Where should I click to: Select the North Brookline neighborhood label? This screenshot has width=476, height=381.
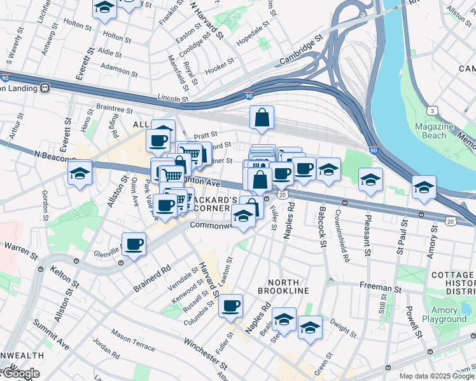283,286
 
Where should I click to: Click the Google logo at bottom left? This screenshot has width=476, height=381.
21,374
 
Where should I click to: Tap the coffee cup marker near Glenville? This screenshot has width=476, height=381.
134,244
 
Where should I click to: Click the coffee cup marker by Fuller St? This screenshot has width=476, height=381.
230,306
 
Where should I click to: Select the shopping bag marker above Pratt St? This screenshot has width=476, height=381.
262,117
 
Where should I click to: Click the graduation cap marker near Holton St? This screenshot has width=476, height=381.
104,8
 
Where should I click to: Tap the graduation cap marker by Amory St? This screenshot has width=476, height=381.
424,187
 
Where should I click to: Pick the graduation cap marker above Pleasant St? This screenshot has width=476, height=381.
370,180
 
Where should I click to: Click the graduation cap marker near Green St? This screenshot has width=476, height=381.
310,328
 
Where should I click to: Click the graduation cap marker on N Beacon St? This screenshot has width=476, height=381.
80,171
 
